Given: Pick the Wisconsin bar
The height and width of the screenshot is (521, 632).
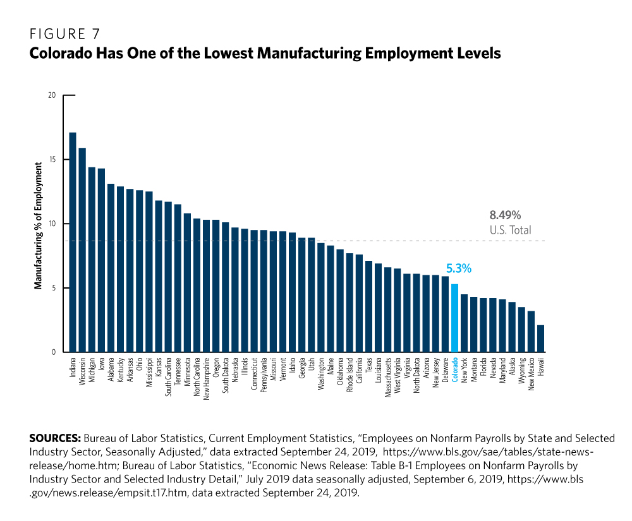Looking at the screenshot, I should click(82, 249).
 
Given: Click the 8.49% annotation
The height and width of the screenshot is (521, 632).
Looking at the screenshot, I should click(505, 215).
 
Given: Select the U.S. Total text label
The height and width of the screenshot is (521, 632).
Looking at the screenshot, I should click(510, 231).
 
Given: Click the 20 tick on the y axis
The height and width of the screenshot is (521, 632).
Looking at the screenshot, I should click(52, 95).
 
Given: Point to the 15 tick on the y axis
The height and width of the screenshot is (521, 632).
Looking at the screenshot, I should click(52, 160).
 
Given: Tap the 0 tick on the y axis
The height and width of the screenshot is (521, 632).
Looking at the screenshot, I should click(54, 352).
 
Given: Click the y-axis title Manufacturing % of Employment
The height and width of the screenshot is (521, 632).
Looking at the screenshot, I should click(39, 225).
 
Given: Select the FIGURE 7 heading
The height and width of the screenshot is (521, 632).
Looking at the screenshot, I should click(64, 33).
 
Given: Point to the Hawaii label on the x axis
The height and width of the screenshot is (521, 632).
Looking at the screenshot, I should click(541, 367).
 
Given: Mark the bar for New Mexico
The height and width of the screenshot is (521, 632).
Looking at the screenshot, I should click(531, 332).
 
